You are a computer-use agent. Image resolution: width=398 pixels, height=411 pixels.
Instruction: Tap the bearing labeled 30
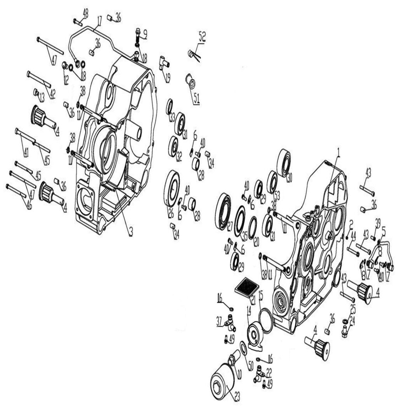click(x=285, y=163)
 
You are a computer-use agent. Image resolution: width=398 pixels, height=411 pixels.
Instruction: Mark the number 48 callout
click(x=86, y=13)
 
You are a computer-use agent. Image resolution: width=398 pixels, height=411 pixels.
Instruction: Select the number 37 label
click(x=219, y=321)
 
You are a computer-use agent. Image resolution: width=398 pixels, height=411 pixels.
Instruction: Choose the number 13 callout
click(x=41, y=97)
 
